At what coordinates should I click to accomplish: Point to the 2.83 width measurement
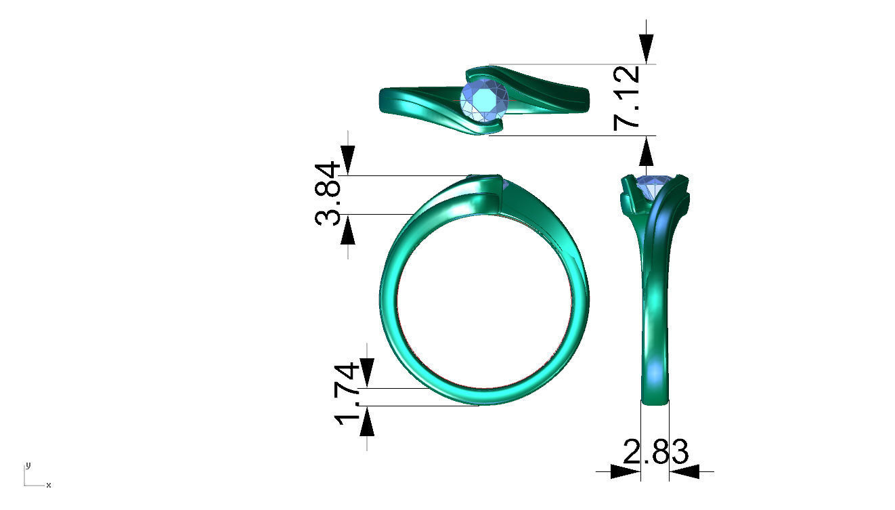655,452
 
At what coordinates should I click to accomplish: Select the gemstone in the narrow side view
654,186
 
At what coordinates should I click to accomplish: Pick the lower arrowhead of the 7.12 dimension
647,152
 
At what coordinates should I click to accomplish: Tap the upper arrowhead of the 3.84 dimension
348,161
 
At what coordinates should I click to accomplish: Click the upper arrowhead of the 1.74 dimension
366,371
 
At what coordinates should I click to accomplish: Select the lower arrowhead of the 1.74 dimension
366,423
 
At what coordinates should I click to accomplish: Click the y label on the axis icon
28,465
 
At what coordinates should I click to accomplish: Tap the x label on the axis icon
49,485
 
